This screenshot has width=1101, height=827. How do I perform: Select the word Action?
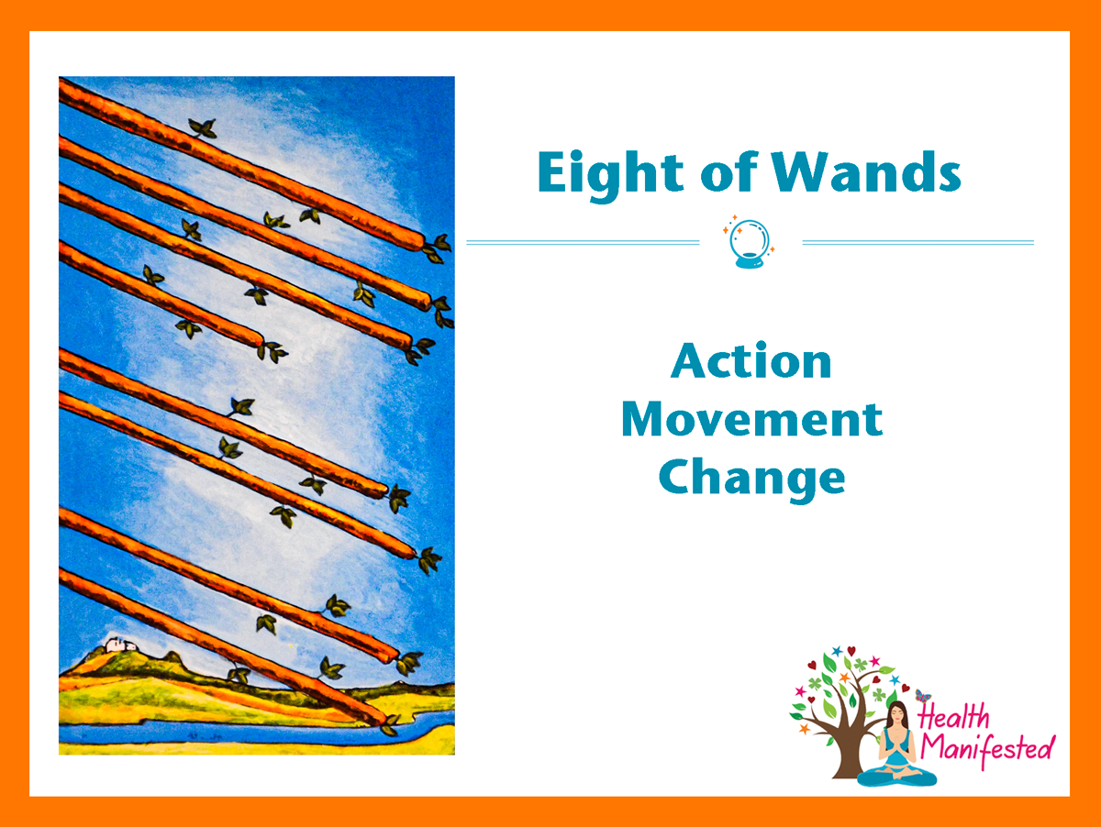tap(751, 360)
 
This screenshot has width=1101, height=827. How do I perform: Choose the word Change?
tap(751, 480)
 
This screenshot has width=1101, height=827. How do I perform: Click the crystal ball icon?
tap(750, 242)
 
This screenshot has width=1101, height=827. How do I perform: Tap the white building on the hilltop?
tap(119, 645)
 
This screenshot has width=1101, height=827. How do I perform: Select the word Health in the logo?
tap(954, 717)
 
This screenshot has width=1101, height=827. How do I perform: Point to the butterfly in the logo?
tap(923, 696)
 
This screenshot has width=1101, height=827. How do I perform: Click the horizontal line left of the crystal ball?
tap(583, 243)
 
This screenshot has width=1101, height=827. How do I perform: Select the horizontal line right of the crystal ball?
tap(917, 243)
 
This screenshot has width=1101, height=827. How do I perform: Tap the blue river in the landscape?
tap(250, 733)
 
